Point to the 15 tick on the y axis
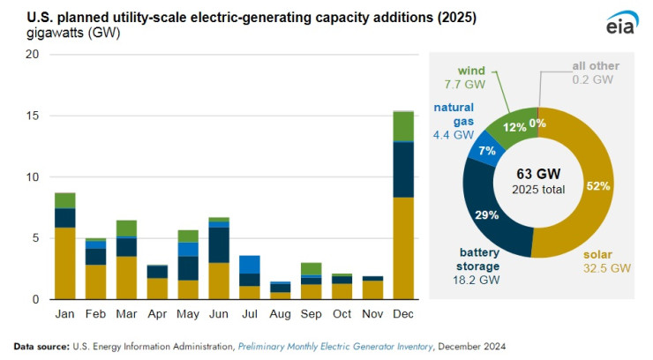[x=34, y=116]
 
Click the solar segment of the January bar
[x=64, y=263]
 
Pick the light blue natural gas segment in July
[x=249, y=264]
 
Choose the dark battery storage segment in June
[x=218, y=245]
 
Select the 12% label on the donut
[x=514, y=127]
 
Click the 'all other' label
[x=595, y=65]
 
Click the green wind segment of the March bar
[x=126, y=228]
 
